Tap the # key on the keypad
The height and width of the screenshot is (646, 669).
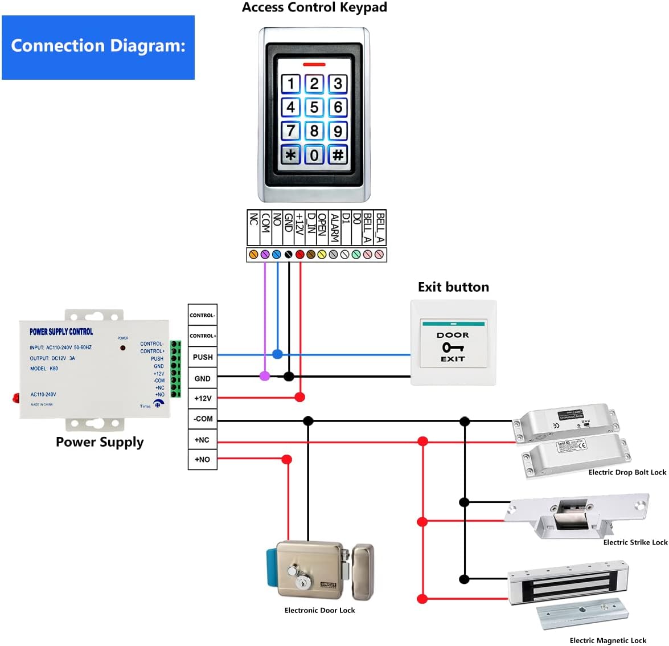(x=338, y=154)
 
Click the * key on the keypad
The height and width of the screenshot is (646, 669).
(x=290, y=154)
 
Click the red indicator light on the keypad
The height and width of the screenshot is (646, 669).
(x=314, y=64)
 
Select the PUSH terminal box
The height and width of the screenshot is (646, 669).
(x=203, y=357)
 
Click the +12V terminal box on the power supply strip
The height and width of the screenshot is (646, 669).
(x=203, y=398)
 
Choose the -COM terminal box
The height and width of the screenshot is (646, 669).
(x=203, y=419)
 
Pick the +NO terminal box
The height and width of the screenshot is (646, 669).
(x=203, y=459)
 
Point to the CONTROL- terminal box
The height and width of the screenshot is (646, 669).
(x=203, y=315)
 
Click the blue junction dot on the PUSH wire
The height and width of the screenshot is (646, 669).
(x=277, y=354)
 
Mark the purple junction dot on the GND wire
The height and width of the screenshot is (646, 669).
(x=265, y=376)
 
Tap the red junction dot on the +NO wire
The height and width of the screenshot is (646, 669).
(x=287, y=459)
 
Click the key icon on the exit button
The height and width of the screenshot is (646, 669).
(x=453, y=347)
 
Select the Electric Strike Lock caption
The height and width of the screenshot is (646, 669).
(x=635, y=542)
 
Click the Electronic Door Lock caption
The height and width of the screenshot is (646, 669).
(x=319, y=610)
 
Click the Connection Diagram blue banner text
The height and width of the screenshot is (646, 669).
(x=98, y=46)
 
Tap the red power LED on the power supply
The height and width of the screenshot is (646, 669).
(x=122, y=347)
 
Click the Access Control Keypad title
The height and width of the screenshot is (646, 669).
(x=314, y=7)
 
